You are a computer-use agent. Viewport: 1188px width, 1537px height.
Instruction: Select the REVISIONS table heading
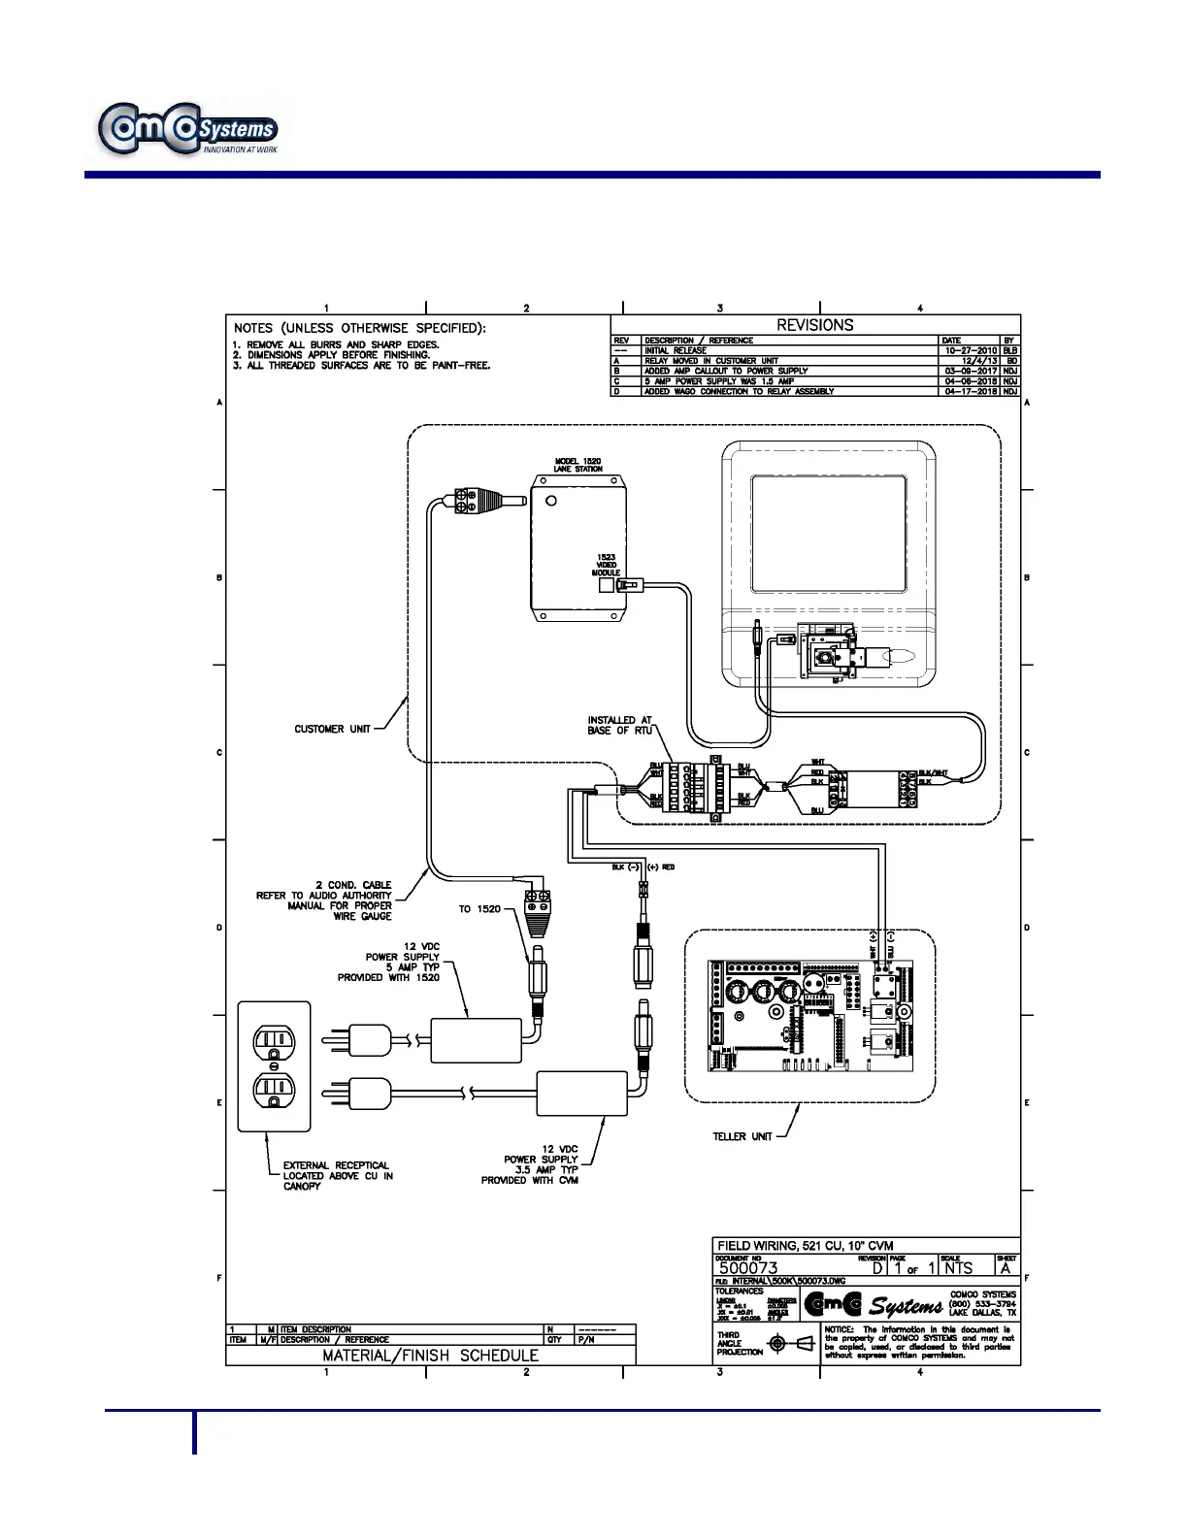(814, 325)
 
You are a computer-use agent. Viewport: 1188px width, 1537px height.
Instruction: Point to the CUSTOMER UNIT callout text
(332, 729)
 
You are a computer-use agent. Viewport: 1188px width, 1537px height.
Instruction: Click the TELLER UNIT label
(742, 1136)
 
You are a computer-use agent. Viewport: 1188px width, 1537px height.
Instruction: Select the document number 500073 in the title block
(747, 1267)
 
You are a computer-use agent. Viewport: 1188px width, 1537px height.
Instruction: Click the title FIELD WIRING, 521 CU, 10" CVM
(805, 1245)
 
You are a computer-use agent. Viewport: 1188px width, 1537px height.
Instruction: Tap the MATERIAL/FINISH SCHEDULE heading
(430, 1355)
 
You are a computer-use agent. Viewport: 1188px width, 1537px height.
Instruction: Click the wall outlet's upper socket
(274, 1042)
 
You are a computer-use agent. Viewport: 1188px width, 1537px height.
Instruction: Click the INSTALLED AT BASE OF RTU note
(619, 725)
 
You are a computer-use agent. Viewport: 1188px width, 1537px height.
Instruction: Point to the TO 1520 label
(479, 909)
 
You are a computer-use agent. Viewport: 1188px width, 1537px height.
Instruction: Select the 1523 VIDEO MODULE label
(606, 565)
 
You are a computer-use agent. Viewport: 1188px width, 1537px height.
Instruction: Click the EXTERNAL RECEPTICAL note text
(338, 1175)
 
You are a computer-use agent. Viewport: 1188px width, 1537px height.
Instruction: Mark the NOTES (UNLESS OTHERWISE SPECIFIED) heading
(359, 328)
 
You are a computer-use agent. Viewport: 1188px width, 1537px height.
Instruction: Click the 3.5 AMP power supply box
(582, 1094)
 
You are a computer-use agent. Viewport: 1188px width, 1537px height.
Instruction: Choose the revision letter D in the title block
(877, 1267)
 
